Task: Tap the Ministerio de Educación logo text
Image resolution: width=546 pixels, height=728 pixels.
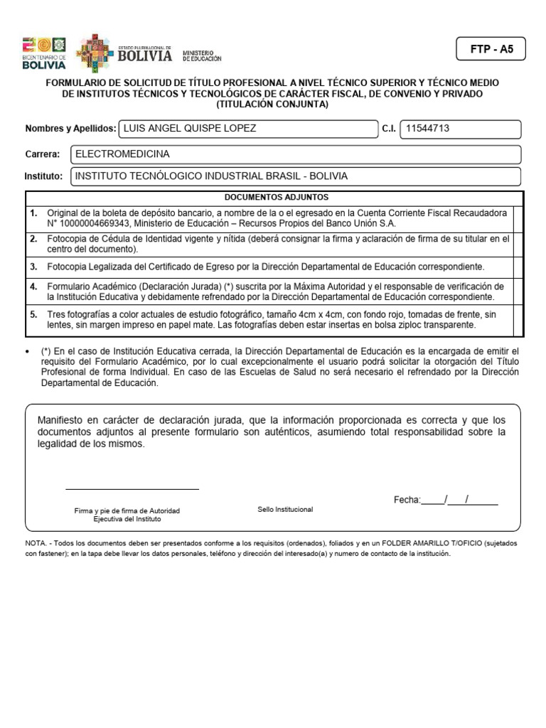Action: (x=202, y=55)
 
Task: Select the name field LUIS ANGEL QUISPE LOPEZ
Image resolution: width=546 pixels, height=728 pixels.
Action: (x=249, y=129)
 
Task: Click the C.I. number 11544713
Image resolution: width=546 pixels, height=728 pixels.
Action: (x=461, y=129)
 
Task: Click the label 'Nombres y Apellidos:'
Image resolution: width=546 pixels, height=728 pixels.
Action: (x=70, y=129)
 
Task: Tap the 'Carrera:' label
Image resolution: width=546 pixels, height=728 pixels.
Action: (x=43, y=154)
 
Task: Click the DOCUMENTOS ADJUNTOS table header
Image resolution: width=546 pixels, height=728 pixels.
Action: (x=276, y=198)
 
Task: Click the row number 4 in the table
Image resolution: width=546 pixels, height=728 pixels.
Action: (x=33, y=286)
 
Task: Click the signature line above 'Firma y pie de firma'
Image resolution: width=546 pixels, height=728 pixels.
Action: (x=132, y=488)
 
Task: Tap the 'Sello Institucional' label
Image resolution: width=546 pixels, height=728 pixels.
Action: (x=285, y=510)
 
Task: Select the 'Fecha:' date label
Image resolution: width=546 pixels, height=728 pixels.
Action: (x=407, y=500)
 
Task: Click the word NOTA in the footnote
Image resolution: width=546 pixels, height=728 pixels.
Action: (x=36, y=542)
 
